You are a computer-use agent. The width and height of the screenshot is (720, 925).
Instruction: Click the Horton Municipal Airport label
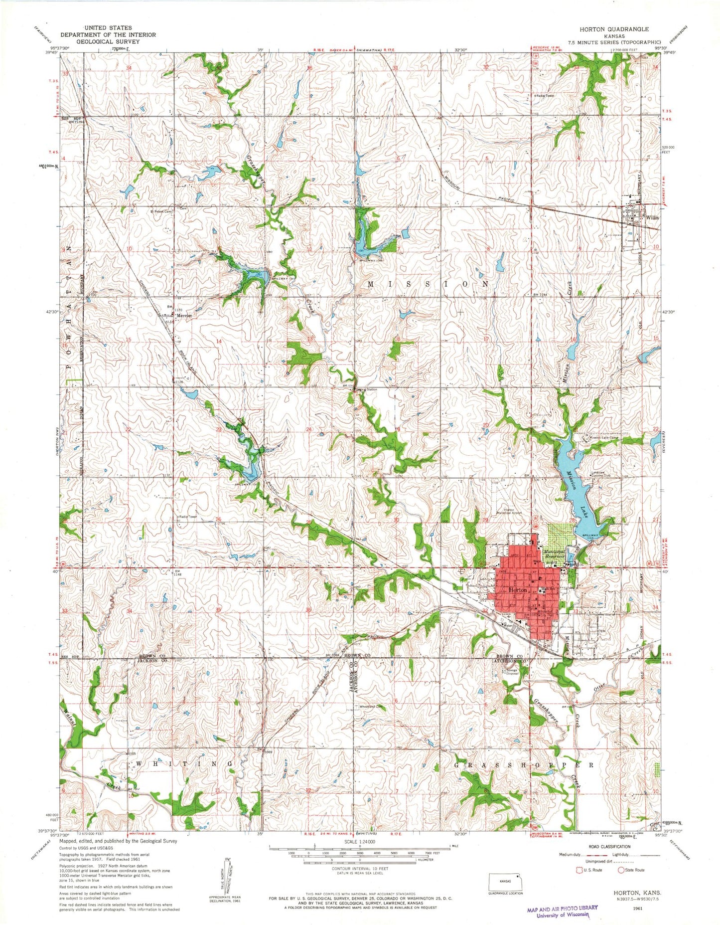(x=509, y=512)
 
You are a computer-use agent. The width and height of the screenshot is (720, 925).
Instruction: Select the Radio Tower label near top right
(x=545, y=95)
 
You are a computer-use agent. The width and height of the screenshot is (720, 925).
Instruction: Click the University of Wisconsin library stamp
(x=562, y=911)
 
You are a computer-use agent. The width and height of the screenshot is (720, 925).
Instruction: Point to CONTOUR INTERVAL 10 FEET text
(x=359, y=868)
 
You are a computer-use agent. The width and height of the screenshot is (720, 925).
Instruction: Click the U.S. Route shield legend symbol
(x=578, y=870)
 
